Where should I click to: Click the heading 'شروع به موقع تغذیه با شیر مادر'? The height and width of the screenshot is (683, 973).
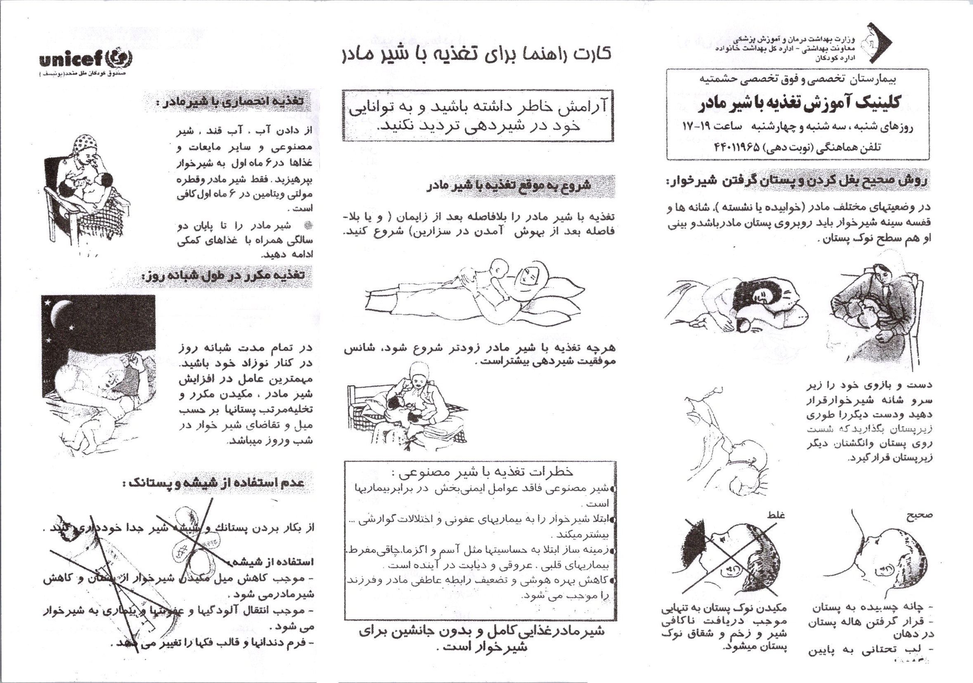click(x=509, y=186)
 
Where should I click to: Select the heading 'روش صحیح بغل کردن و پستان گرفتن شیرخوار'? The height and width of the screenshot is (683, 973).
click(x=797, y=181)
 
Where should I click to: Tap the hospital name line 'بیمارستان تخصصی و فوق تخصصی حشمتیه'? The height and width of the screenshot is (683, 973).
click(x=797, y=79)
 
